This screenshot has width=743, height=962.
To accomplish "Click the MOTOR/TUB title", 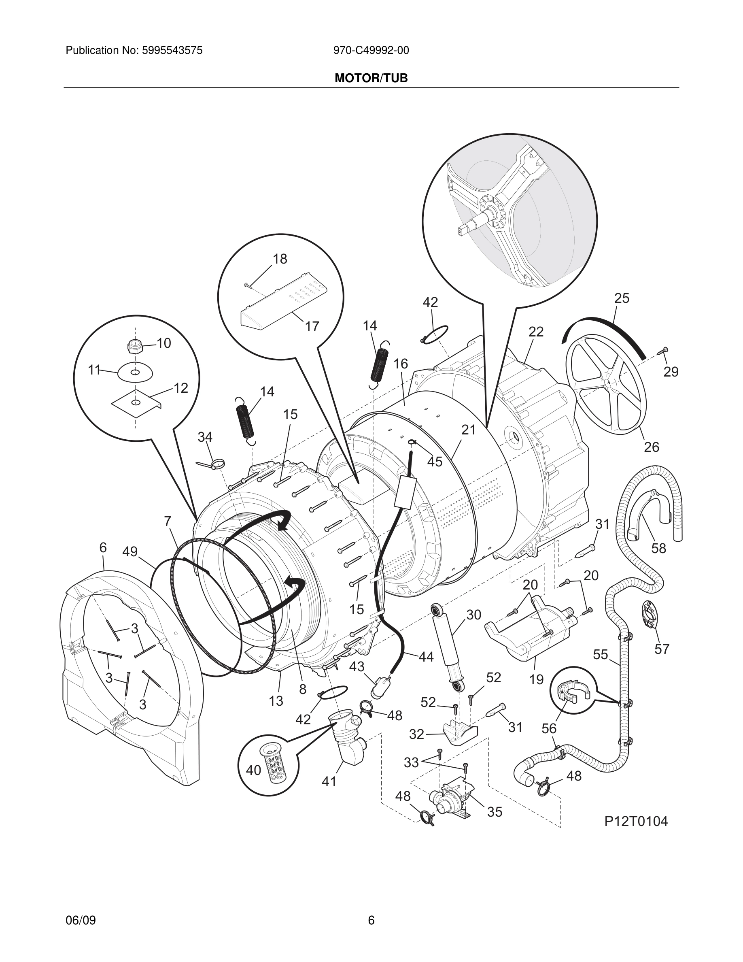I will [x=371, y=78].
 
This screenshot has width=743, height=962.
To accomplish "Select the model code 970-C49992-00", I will [x=371, y=51].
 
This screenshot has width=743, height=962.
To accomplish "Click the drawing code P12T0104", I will [x=636, y=821].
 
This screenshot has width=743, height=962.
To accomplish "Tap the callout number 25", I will [x=622, y=298].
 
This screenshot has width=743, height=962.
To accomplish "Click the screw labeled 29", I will [x=663, y=351].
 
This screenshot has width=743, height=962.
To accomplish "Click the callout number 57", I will [x=662, y=649].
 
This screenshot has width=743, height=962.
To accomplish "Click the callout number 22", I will [x=536, y=332].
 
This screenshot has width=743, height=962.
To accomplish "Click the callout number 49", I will [x=130, y=551].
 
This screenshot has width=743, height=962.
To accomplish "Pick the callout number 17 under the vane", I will [x=312, y=326].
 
